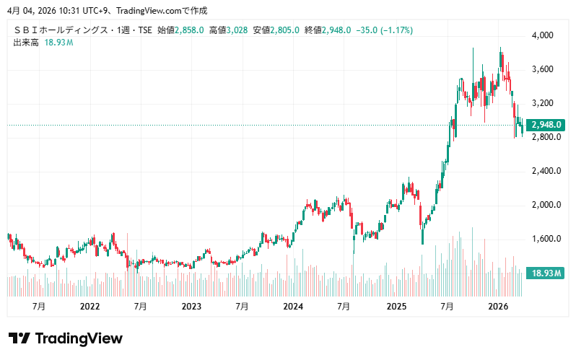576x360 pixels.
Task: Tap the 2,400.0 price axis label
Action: [546, 171]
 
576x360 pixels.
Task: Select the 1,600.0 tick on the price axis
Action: [546, 239]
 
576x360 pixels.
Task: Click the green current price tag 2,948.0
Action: [546, 125]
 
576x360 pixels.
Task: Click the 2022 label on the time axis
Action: [90, 307]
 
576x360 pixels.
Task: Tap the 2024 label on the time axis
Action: [293, 307]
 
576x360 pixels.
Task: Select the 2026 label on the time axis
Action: [497, 307]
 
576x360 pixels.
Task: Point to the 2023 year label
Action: [191, 307]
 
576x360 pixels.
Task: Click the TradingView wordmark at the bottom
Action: [66, 338]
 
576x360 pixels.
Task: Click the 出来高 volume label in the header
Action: [26, 43]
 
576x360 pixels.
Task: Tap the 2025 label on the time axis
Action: [396, 307]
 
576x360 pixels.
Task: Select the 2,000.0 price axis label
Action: [546, 205]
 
